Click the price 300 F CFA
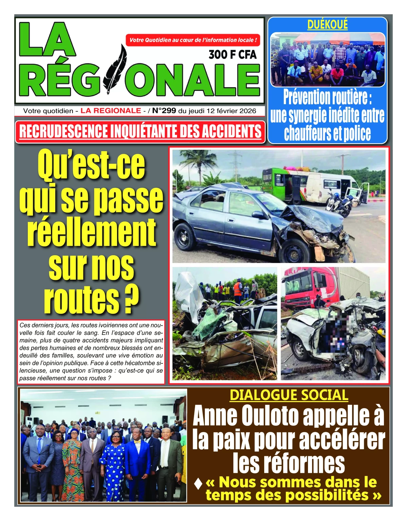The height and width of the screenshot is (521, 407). tap(232, 55)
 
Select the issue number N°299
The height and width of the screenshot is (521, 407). tap(164, 111)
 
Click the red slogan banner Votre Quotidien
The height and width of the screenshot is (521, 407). tap(193, 40)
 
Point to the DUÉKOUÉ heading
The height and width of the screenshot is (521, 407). tap(327, 24)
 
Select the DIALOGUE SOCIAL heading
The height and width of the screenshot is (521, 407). tap(289, 395)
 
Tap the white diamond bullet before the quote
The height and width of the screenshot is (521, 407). tap(198, 483)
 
